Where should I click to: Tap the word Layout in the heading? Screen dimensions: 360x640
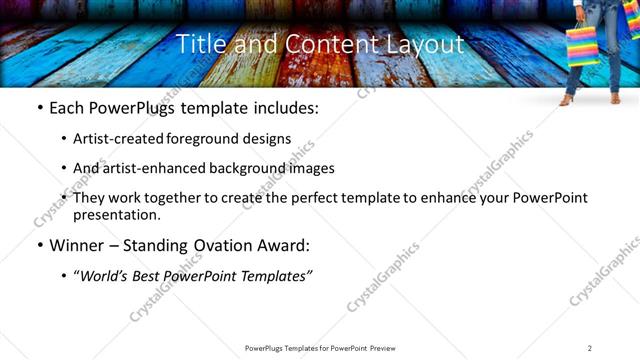[431, 44]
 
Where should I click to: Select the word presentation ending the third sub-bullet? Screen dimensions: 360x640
[114, 215]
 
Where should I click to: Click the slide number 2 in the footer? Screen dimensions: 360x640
[590, 348]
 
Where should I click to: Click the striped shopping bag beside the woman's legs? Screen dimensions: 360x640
[583, 45]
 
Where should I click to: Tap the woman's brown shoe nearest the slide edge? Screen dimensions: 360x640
[614, 100]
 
